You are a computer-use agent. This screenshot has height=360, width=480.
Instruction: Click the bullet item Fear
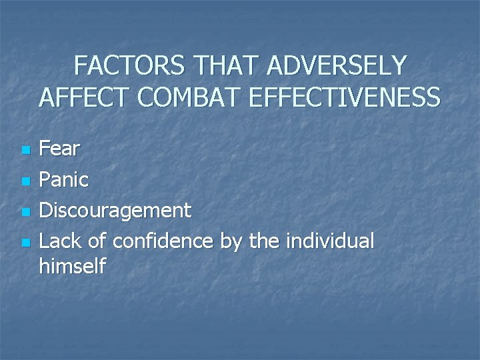pos(59,149)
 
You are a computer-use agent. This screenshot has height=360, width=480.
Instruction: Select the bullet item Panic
pos(64,179)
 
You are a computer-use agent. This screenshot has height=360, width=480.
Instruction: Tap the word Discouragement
pos(115,211)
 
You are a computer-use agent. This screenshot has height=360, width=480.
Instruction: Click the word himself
pos(72,267)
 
